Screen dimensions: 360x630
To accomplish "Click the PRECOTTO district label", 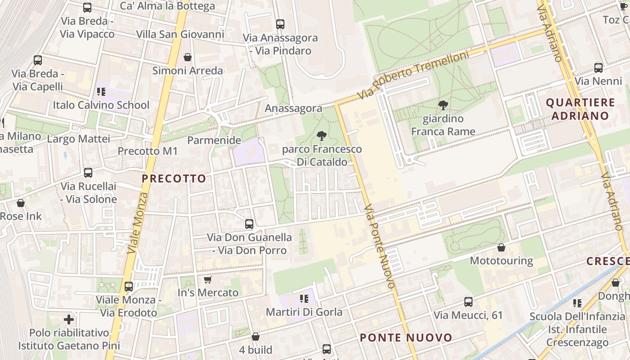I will pos(174,179).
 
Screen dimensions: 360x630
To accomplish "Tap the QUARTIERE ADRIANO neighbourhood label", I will pos(580,109).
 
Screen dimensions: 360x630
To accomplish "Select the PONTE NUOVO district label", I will pos(406,337).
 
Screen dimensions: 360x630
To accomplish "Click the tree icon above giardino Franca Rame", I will pos(443,105).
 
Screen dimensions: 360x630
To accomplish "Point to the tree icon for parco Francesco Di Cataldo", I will pos(321,135).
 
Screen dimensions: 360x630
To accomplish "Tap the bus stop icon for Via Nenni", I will pos(598,68).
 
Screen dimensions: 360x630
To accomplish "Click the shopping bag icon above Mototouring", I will pos(501,247).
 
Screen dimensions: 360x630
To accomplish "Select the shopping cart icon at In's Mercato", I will pos(207,279).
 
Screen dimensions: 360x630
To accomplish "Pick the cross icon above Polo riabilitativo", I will pos(69,319).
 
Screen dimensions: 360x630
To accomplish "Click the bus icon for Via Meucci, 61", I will pos(468,301).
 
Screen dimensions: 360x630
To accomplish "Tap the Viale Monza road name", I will pos(138,223).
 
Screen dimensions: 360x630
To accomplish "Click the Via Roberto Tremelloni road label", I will pos(413,75).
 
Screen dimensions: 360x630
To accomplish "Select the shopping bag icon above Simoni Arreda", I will pos(188,57).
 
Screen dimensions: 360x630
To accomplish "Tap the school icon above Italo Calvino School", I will pos(101,92).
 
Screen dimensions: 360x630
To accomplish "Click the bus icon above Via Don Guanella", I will pos(249,224).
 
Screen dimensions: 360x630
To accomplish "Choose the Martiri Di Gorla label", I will pos(304,312).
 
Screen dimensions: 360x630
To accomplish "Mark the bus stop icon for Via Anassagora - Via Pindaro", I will pos(280,24).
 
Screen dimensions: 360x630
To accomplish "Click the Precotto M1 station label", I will pos(148,151).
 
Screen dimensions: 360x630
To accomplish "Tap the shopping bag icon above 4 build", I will pos(255,337).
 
